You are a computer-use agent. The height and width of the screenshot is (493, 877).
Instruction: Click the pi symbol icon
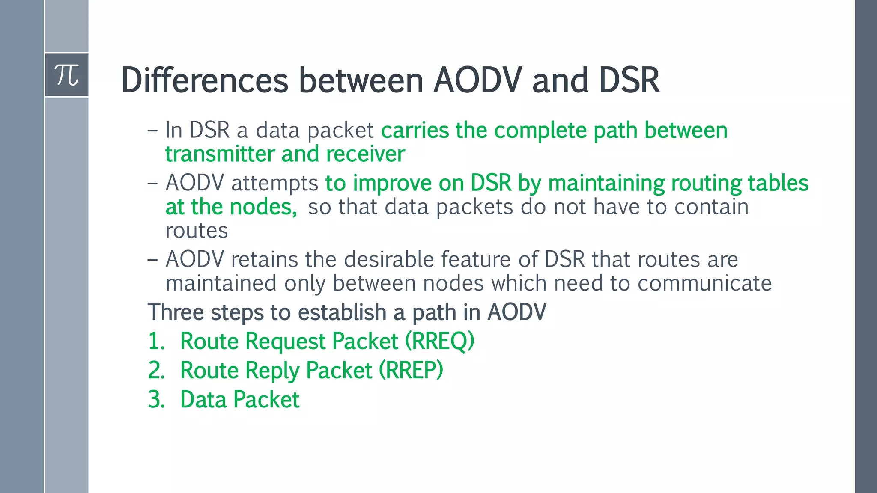click(67, 75)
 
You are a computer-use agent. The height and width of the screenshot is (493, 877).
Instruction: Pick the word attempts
click(274, 184)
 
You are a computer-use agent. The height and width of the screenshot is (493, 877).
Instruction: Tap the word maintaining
click(606, 184)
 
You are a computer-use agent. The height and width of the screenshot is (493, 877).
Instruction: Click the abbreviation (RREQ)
click(440, 342)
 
